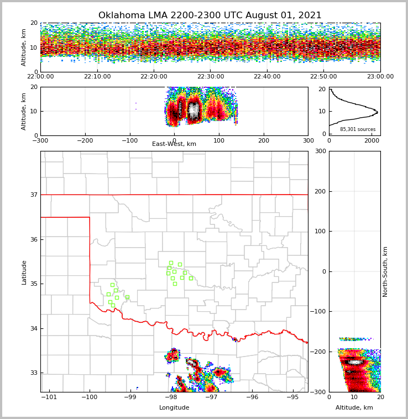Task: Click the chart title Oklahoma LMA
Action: [210, 15]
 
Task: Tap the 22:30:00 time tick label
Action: [211, 77]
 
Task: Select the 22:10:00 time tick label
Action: [97, 77]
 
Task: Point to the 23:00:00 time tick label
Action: [380, 77]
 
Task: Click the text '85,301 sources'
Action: [358, 129]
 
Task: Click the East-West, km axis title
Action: [174, 144]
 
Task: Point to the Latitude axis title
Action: [24, 272]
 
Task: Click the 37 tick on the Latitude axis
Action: [33, 195]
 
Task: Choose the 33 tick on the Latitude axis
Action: [33, 373]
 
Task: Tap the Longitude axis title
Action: [174, 408]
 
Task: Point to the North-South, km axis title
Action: [386, 271]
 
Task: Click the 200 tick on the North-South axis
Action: [320, 191]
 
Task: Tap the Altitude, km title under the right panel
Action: [354, 408]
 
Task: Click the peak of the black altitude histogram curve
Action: [378, 113]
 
